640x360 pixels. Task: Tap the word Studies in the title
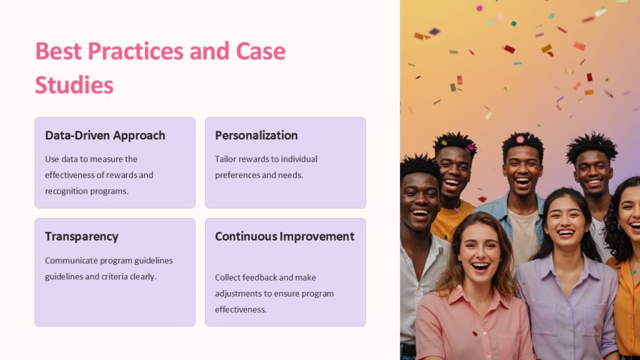[74, 85]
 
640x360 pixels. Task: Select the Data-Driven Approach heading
[105, 136]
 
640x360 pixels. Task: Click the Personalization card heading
[256, 136]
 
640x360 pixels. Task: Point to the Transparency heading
[81, 237]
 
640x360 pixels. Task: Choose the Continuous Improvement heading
[284, 237]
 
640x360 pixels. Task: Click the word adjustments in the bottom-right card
[239, 294]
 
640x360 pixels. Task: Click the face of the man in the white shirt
[420, 201]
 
